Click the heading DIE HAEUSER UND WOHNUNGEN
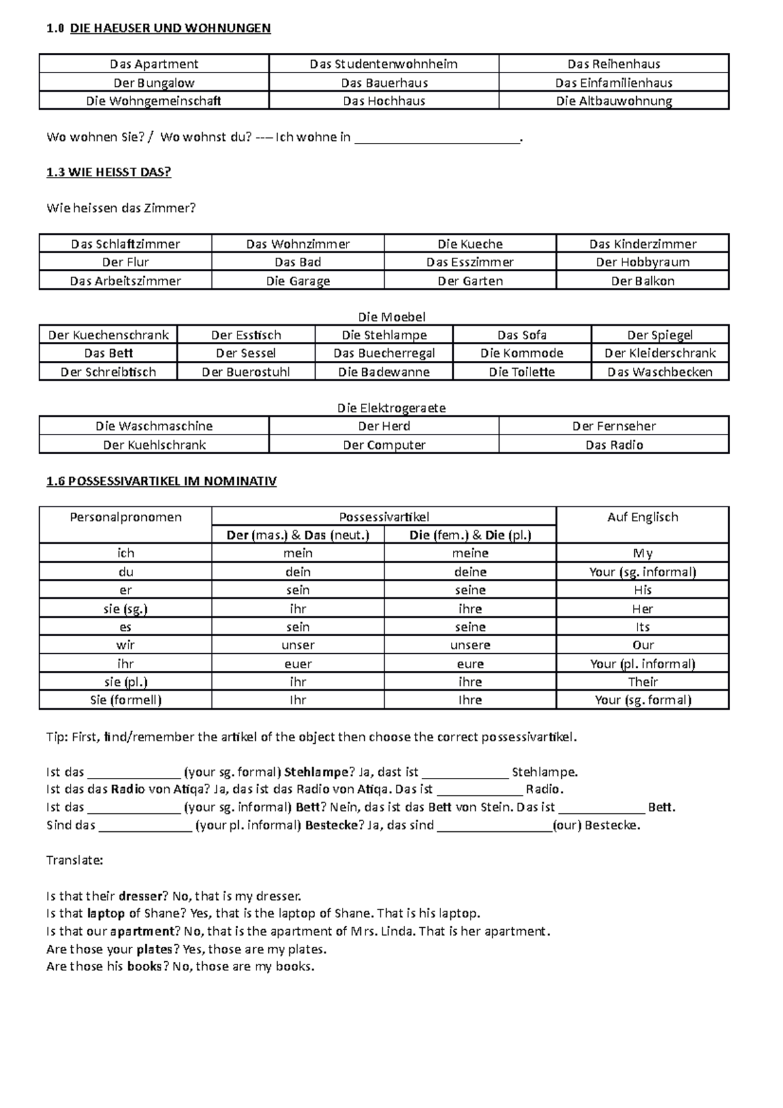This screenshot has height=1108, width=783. tap(170, 28)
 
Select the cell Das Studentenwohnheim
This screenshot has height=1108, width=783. tap(384, 64)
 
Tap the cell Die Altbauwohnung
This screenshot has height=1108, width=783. tap(613, 101)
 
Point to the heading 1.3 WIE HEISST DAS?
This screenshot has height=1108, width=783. tap(108, 172)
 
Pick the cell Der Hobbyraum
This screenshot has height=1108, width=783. tap(642, 262)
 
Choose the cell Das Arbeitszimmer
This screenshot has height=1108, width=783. tap(125, 281)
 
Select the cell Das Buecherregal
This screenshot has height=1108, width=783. tap(384, 353)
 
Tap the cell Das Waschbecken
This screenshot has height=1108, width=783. tap(660, 372)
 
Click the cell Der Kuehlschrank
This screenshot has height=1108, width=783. tap(154, 445)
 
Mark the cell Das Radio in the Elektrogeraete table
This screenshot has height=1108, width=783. tap(613, 445)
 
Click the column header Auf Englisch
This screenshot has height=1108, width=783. tap(642, 517)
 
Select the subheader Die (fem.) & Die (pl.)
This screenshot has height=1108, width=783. tap(470, 535)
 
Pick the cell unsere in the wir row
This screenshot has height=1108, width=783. tap(470, 645)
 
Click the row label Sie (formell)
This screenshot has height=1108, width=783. tap(125, 700)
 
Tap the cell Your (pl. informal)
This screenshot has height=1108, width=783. tap(642, 664)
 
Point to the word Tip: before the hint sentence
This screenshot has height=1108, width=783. tap(57, 737)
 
